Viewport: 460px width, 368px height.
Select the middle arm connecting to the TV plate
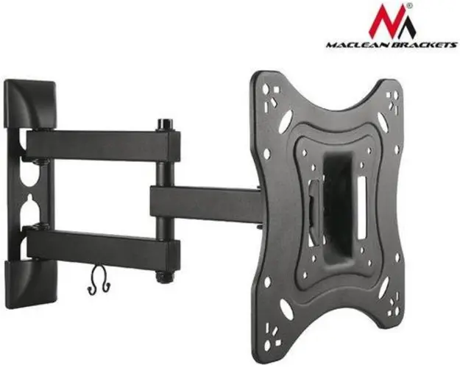coord(206,203)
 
